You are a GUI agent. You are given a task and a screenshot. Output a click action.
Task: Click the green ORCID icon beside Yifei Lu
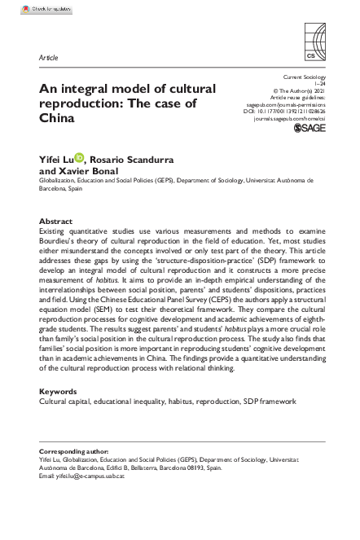(78, 158)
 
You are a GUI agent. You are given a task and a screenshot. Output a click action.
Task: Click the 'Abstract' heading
(55, 221)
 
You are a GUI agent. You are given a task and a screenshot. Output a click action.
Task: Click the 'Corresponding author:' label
(72, 451)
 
